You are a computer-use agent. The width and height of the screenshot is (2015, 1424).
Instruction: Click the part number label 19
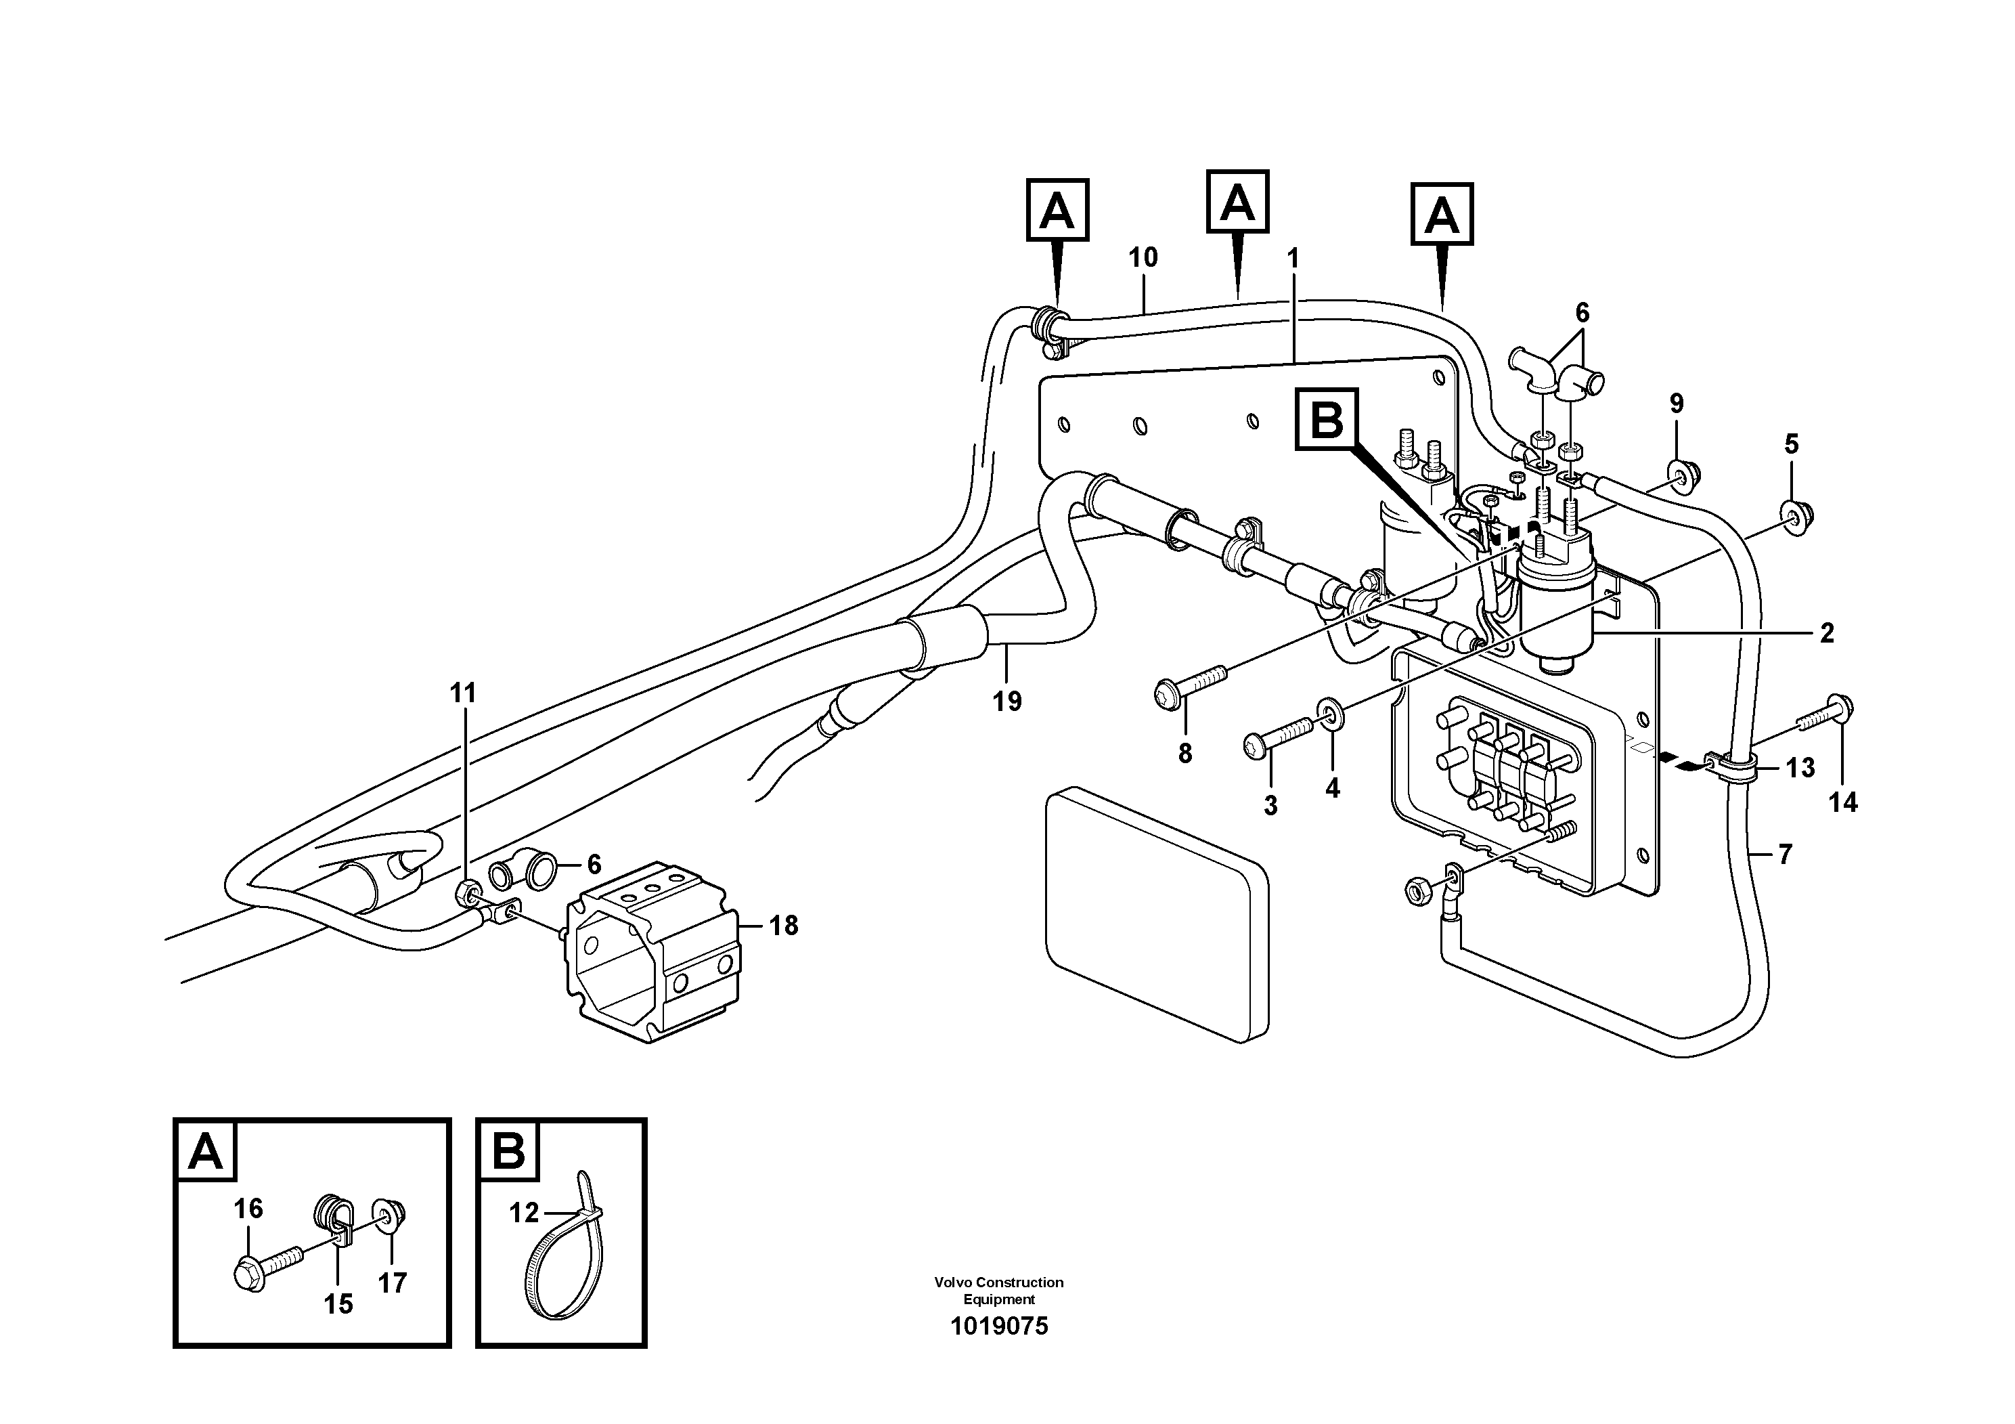(1006, 702)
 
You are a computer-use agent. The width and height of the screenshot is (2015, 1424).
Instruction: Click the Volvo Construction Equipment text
(999, 1290)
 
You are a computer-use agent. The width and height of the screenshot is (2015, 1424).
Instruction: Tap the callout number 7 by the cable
(1784, 853)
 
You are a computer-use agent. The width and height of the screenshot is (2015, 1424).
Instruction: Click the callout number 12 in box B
(524, 1213)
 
